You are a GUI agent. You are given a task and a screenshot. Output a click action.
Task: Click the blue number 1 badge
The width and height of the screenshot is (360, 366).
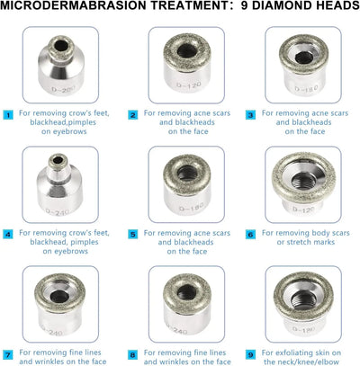click(7, 115)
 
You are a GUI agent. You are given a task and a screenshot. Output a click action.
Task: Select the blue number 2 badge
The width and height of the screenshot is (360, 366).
click(133, 115)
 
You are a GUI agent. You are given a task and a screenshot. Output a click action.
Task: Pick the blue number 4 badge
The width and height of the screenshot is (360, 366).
click(7, 234)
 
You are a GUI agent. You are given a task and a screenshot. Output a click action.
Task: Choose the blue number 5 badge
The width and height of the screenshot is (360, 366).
click(133, 234)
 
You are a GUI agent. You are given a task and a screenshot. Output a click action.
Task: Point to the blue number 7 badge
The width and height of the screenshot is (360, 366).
click(7, 354)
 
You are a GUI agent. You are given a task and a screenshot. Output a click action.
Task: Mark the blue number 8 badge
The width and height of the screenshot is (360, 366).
click(133, 354)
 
